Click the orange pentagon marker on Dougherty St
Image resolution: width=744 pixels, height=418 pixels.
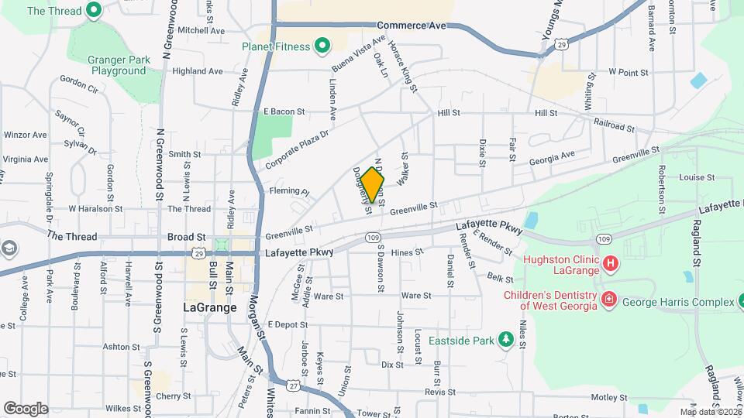pos(373,185)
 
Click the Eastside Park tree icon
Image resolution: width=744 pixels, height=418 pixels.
pos(506,340)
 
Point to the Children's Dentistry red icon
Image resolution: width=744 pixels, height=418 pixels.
pos(608,298)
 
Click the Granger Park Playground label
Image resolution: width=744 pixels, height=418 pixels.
pos(108,64)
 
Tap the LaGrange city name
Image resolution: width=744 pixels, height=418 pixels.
pos(209,307)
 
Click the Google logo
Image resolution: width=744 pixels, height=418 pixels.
pos(26,408)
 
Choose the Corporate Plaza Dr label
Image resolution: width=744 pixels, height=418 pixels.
pos(297,149)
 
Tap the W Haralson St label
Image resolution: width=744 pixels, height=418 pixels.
pos(95,209)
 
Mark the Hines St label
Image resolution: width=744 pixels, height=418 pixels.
pos(407,252)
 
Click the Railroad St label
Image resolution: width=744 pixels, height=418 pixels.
pos(614,124)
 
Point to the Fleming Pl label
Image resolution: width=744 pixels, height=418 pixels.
pos(288,191)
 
